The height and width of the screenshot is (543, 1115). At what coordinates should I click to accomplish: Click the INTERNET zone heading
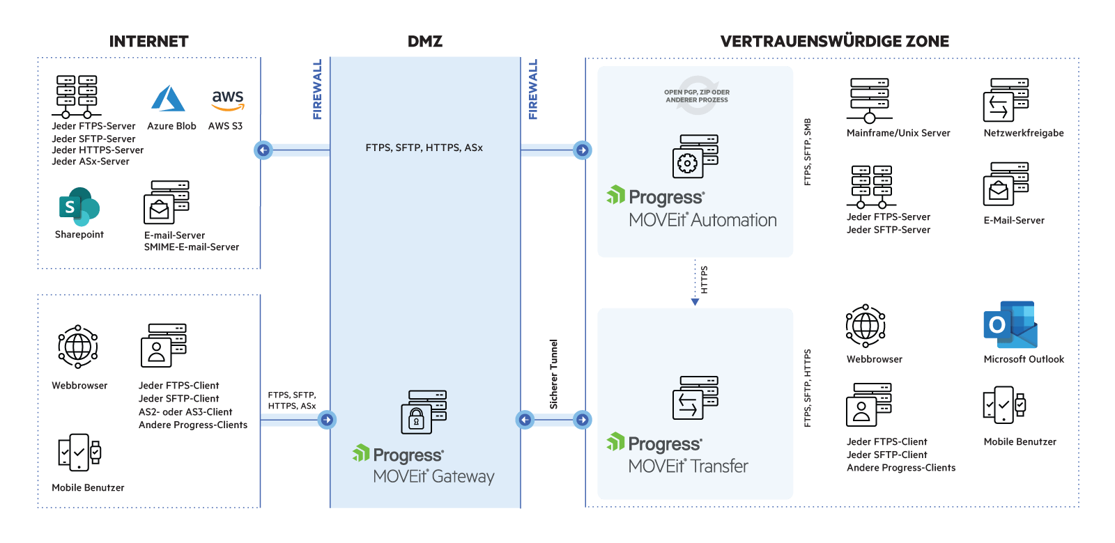(148, 42)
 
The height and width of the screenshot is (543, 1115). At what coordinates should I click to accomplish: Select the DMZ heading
(425, 42)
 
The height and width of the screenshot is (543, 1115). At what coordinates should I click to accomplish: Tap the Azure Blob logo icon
(168, 99)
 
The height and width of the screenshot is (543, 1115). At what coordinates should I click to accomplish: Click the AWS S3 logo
(228, 100)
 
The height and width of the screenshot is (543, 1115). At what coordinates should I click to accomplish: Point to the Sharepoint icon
(79, 206)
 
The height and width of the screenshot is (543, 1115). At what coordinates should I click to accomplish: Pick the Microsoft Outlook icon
(1010, 325)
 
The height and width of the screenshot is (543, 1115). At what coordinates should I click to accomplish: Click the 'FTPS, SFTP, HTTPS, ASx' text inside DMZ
(424, 148)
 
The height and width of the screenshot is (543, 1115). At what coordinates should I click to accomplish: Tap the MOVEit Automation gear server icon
(695, 157)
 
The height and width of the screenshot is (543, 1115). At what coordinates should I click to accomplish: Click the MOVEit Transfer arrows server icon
(695, 398)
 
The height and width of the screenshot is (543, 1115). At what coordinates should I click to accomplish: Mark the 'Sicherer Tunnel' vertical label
(554, 375)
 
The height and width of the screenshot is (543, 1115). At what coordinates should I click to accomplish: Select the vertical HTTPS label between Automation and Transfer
(704, 280)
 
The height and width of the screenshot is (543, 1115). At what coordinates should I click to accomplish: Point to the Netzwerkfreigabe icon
(1006, 100)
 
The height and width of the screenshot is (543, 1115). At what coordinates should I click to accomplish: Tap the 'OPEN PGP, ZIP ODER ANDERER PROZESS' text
(697, 96)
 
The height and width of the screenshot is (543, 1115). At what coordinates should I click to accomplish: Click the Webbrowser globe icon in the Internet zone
(77, 346)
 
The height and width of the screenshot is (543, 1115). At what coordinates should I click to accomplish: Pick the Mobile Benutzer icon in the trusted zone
(1004, 405)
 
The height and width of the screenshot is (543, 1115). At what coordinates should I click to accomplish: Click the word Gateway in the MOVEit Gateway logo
(463, 477)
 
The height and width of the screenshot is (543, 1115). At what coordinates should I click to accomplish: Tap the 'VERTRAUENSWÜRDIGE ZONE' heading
(834, 42)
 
